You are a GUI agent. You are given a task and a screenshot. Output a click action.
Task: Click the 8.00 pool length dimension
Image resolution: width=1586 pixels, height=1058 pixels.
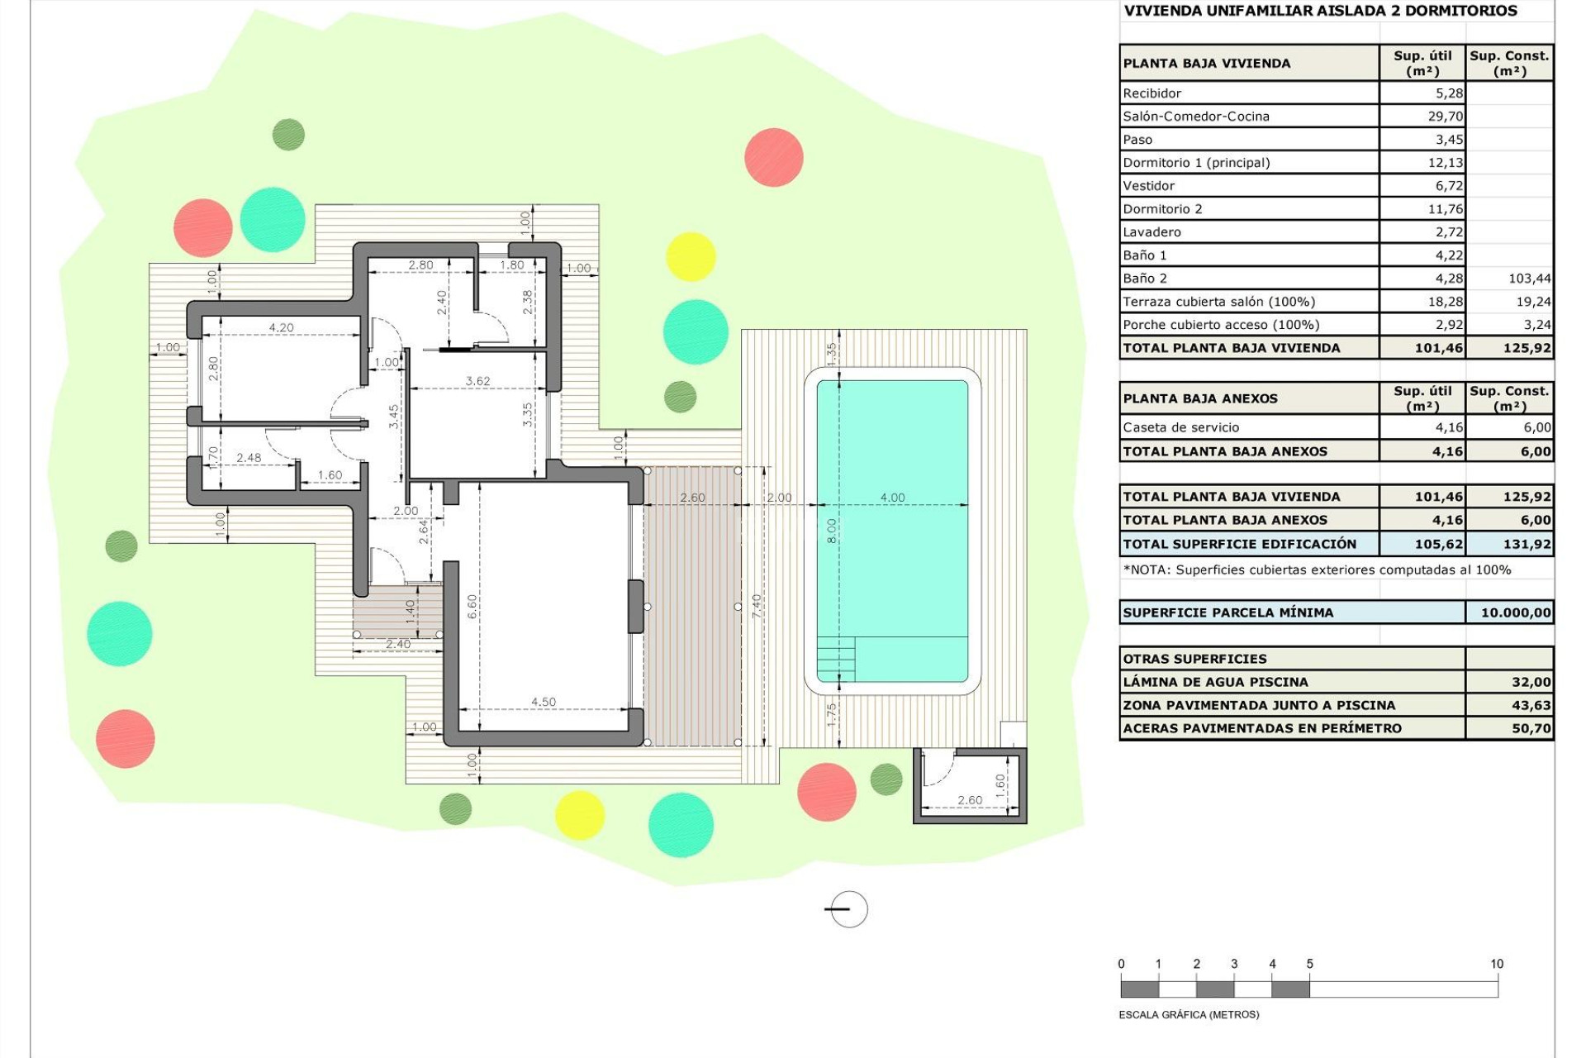[832, 531]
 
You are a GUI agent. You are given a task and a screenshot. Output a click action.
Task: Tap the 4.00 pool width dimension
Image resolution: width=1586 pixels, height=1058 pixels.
[892, 498]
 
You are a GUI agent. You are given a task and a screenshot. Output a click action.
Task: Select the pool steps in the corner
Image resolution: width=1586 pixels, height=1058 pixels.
[836, 659]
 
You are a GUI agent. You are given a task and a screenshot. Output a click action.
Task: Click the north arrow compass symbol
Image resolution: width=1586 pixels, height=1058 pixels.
[848, 909]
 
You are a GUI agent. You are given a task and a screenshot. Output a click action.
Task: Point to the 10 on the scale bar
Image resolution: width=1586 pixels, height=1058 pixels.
[1496, 964]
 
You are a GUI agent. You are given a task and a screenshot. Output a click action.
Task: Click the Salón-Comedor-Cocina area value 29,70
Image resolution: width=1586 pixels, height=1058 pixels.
[1445, 117]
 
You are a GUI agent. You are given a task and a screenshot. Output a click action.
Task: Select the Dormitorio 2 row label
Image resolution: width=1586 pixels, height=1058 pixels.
[1162, 209]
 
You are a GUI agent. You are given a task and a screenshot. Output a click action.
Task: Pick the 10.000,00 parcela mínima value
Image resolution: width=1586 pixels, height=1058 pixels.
[1515, 612]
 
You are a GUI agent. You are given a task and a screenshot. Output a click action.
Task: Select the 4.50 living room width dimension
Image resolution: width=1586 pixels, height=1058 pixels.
[544, 702]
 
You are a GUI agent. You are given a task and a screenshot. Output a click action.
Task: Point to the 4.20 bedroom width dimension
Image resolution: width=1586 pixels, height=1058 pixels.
[281, 327]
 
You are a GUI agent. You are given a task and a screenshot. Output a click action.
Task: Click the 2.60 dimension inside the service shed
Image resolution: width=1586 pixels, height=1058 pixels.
[970, 799]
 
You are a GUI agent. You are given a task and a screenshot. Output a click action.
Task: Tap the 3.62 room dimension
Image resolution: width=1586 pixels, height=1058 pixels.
[477, 381]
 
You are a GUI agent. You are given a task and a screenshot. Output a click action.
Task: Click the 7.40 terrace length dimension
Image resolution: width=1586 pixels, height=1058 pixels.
[757, 606]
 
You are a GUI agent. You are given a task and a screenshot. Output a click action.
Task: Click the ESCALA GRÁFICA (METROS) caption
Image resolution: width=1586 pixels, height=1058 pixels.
[1189, 1014]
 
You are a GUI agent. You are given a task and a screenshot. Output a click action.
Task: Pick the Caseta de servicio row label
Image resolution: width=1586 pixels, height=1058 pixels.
[1180, 427]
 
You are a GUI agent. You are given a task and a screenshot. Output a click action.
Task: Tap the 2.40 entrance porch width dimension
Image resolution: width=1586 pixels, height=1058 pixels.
[397, 644]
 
